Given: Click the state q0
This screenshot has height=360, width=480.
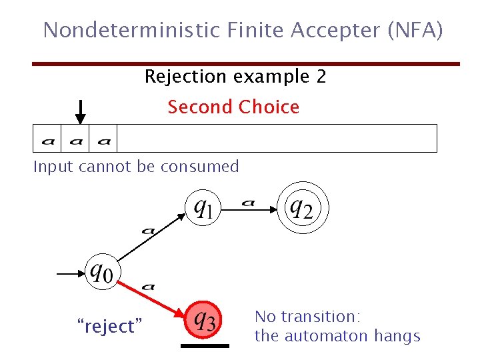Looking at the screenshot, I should (101, 273).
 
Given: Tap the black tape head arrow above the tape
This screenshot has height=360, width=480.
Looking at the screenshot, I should (80, 111).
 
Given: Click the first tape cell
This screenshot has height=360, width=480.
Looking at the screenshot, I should (47, 139).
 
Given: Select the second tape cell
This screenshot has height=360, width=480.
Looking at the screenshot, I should (75, 139).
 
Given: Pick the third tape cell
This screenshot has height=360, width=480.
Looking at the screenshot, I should (103, 139).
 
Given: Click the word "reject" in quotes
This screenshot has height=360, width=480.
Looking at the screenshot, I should (111, 327).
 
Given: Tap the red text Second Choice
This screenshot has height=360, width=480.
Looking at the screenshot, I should (233, 107).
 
